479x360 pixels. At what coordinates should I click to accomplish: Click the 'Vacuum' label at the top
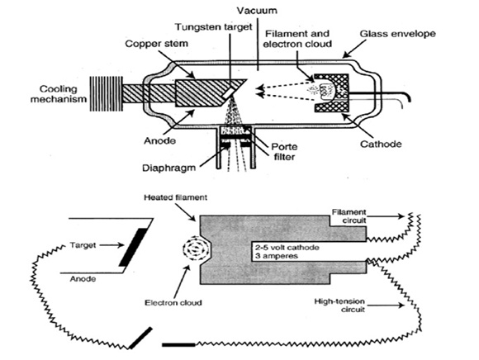click(x=257, y=11)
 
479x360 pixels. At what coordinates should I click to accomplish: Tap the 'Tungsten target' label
click(x=214, y=27)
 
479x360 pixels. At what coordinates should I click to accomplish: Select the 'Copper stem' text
click(x=156, y=44)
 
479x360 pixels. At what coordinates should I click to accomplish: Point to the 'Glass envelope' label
click(x=397, y=34)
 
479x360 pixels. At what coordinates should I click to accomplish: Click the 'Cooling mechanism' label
click(x=59, y=94)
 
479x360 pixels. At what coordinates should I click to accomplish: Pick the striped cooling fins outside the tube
click(x=106, y=93)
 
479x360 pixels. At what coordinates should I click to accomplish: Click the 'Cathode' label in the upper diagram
click(x=381, y=144)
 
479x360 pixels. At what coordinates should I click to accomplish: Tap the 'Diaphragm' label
click(x=168, y=168)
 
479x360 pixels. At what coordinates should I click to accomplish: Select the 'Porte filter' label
click(x=284, y=152)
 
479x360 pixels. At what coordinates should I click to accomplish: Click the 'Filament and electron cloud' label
click(x=297, y=39)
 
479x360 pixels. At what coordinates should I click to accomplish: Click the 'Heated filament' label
click(x=175, y=197)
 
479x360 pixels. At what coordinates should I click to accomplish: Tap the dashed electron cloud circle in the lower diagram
click(x=196, y=250)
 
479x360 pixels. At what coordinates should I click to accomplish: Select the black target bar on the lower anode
click(x=133, y=248)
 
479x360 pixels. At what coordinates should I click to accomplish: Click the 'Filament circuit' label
click(x=349, y=216)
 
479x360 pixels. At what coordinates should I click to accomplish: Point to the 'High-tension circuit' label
click(x=339, y=306)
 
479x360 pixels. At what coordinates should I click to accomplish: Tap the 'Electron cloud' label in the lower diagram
click(x=173, y=302)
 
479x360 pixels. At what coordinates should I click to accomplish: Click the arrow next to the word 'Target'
click(x=111, y=245)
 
